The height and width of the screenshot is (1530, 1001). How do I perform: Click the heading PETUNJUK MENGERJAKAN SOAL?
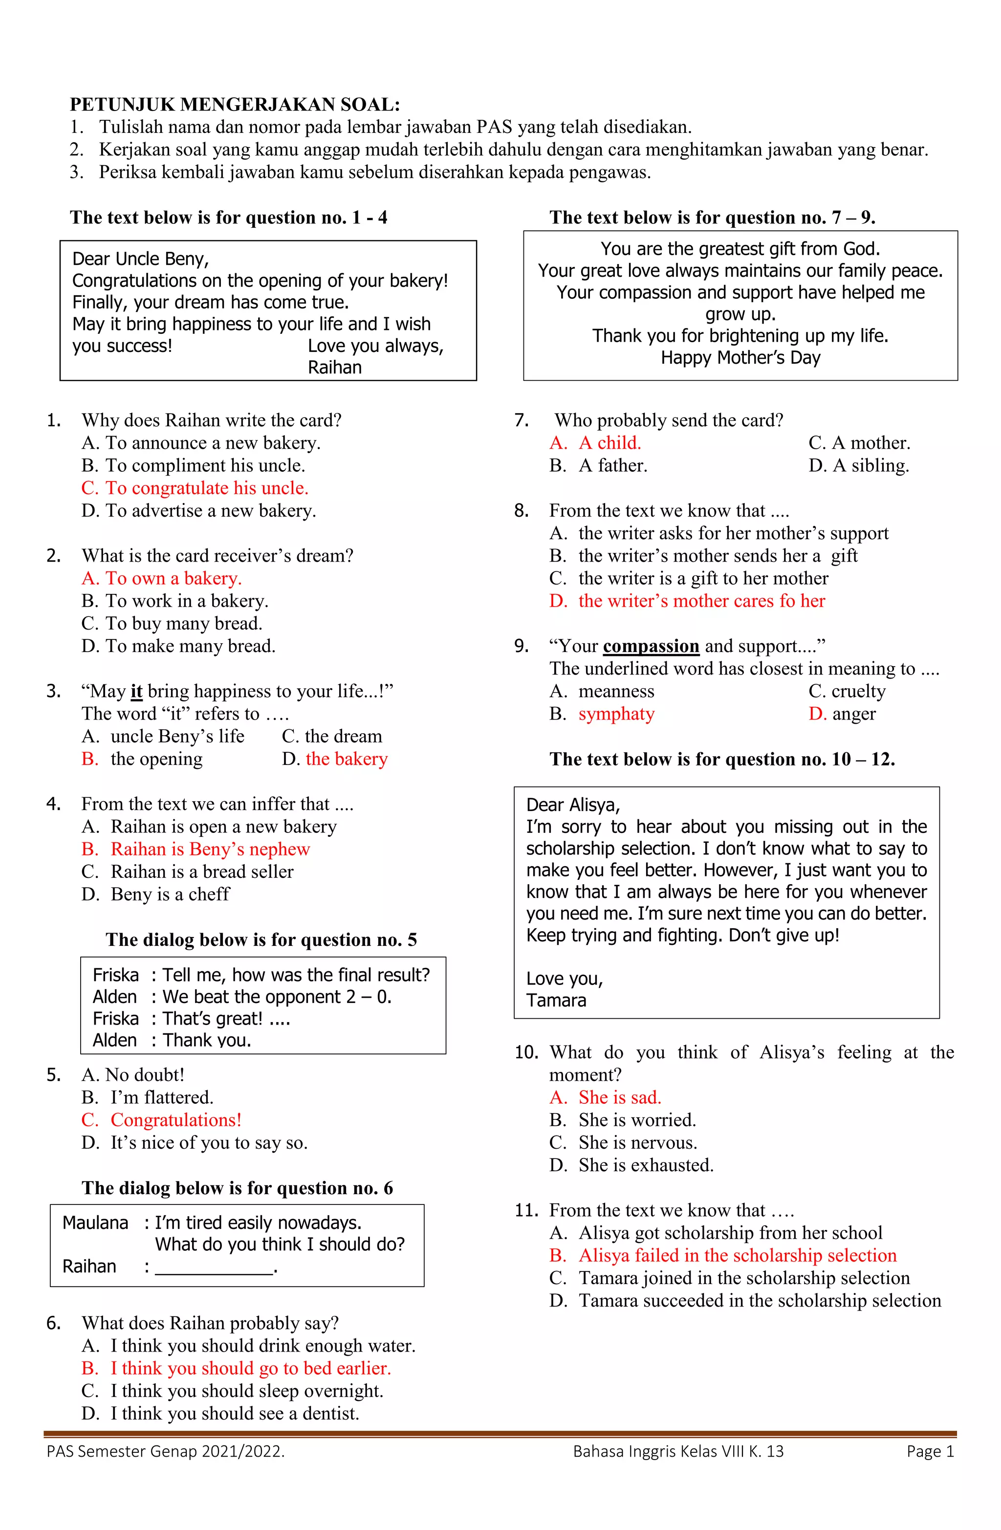[x=235, y=104]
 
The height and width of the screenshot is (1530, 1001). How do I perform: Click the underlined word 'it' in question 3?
[x=136, y=691]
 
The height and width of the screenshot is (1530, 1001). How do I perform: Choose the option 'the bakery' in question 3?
[x=347, y=759]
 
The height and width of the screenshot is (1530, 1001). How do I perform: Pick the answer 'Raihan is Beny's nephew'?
[x=210, y=849]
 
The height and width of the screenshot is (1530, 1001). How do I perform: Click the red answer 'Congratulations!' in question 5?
[x=175, y=1119]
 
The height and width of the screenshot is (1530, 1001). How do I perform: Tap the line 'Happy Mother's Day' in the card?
[x=740, y=357]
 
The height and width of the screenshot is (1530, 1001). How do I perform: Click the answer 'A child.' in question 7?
[x=609, y=442]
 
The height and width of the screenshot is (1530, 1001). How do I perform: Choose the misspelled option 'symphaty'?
[x=616, y=714]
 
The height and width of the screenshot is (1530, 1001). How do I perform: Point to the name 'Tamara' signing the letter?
[x=556, y=1000]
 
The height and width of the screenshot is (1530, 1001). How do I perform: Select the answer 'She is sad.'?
[x=619, y=1097]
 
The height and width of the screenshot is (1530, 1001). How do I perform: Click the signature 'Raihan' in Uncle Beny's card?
[x=334, y=367]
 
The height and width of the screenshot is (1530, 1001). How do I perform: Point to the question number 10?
[x=526, y=1052]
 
